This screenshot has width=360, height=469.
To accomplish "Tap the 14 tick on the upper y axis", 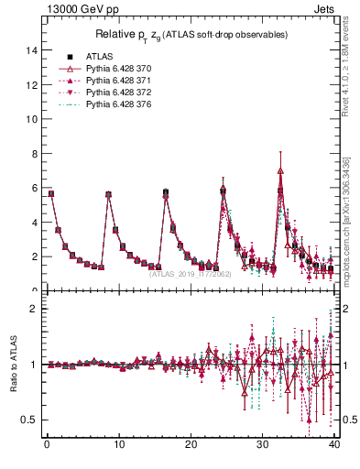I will coord(32,51).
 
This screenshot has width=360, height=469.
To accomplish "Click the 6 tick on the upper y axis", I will coord(34,189).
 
